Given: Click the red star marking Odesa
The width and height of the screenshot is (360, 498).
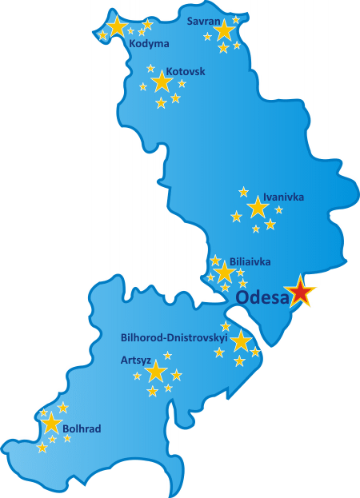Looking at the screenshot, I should point(301,293).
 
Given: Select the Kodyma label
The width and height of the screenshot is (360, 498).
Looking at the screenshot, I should point(149,44).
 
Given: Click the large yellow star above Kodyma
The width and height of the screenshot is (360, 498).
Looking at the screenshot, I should point(118,27).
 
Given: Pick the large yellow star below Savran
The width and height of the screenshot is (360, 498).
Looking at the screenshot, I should point(224,31).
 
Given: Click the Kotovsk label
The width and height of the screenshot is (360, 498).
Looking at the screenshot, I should point(186,71).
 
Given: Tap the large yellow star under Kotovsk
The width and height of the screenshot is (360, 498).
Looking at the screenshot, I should point(162,81).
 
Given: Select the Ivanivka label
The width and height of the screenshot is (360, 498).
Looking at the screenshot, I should point(283,197).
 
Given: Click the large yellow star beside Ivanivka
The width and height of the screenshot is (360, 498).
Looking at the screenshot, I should point(258,209).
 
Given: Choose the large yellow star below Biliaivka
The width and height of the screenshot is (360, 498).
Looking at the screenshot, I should point(225,273).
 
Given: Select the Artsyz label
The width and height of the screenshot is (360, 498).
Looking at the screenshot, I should point(135,360).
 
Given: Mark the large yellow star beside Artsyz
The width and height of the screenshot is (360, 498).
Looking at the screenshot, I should point(156,372).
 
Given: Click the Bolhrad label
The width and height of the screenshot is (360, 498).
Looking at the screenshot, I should point(82,429).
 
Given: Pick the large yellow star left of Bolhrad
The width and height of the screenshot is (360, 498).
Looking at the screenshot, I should point(52,424).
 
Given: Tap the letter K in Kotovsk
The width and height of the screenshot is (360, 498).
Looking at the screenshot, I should point(169,71).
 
